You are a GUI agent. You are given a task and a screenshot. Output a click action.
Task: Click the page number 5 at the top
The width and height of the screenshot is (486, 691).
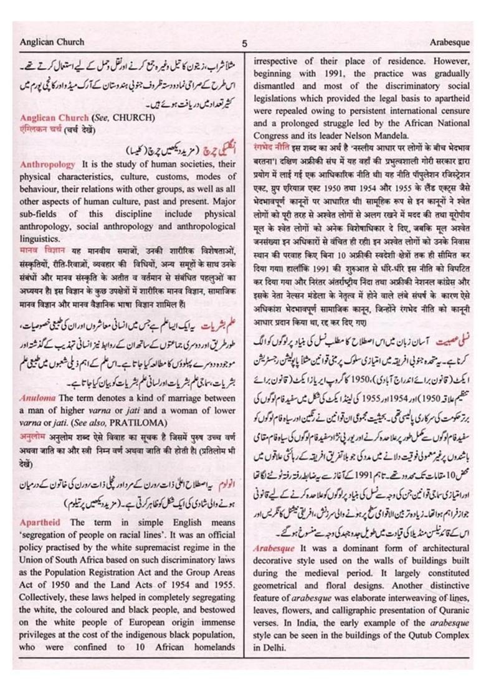click(x=245, y=44)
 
